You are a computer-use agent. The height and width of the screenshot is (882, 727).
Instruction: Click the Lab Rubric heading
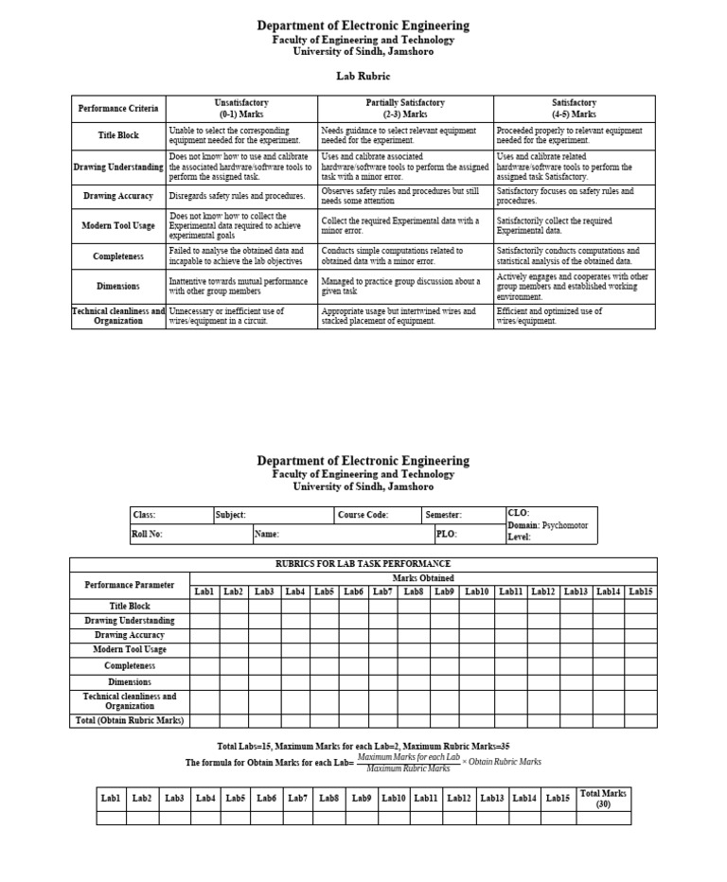pyautogui.click(x=363, y=76)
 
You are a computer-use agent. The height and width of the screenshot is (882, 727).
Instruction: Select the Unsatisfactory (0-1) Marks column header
pyautogui.click(x=241, y=108)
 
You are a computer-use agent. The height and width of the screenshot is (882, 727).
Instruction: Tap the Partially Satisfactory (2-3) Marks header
pyautogui.click(x=405, y=108)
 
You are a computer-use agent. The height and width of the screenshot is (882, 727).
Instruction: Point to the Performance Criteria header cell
pyautogui.click(x=118, y=108)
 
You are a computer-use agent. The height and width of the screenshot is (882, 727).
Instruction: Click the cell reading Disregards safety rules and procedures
pyautogui.click(x=241, y=196)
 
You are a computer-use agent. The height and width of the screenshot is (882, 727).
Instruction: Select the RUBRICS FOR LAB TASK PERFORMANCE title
pyautogui.click(x=363, y=564)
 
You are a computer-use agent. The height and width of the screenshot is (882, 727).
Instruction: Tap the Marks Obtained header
pyautogui.click(x=422, y=577)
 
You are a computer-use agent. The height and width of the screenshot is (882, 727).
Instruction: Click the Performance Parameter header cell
pyautogui.click(x=130, y=585)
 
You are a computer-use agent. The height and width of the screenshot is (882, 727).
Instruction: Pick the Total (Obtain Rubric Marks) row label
pyautogui.click(x=130, y=720)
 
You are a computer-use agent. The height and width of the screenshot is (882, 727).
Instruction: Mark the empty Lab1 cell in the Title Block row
pyautogui.click(x=204, y=607)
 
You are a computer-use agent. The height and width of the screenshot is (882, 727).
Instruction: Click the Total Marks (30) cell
pyautogui.click(x=603, y=799)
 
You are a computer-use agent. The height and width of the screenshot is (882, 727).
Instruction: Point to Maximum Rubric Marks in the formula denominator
pyautogui.click(x=408, y=768)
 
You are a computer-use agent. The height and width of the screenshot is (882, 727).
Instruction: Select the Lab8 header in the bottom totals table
pyautogui.click(x=329, y=798)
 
